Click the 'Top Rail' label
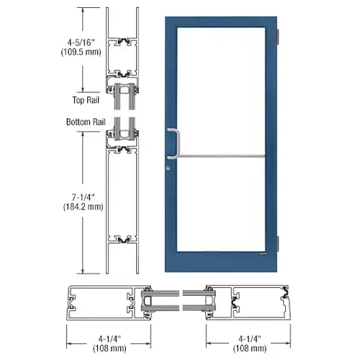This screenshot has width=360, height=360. [x=86, y=100]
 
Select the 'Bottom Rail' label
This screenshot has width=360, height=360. [x=86, y=122]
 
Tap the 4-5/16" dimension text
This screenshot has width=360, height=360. [x=81, y=42]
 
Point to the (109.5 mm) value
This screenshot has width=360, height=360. [x=81, y=52]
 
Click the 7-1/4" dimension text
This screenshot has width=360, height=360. [x=84, y=197]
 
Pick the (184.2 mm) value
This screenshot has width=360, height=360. [x=84, y=207]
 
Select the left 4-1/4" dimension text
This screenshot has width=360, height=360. [x=109, y=339]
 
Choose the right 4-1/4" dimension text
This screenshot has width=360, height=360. [x=250, y=339]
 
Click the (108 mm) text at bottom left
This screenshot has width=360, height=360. [x=109, y=348]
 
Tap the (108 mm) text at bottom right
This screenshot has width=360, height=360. [x=250, y=348]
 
